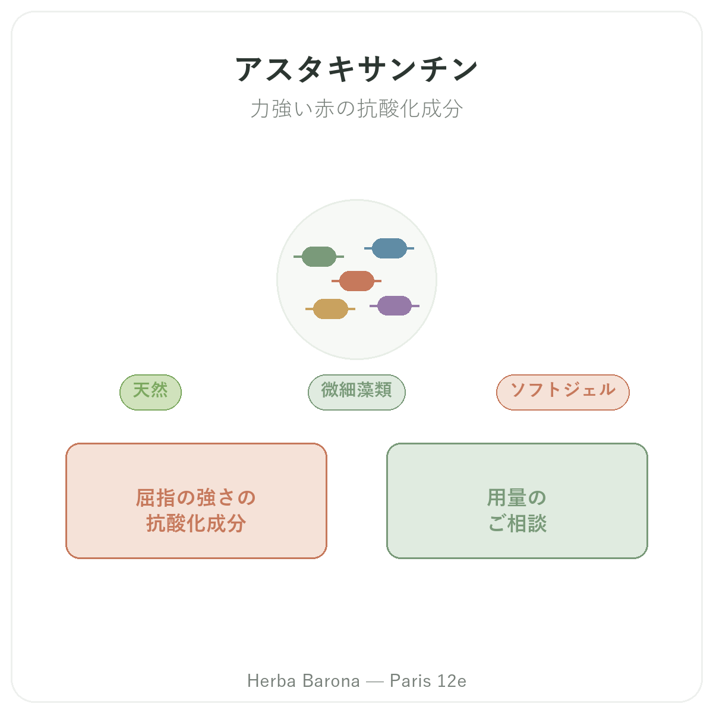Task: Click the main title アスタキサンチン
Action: coord(356,69)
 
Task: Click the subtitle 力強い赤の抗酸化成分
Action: coord(356,109)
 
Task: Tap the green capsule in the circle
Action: coord(318,257)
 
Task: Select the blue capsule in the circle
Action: coord(389,248)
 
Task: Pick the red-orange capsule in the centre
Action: coord(356,281)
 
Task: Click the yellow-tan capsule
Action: coord(330,309)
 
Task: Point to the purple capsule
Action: coord(395,306)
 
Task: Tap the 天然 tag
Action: coord(150,392)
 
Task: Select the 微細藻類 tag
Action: coord(356,392)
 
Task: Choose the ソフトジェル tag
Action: coord(563,392)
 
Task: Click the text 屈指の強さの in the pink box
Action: coord(195,498)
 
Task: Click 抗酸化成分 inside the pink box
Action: coord(195,523)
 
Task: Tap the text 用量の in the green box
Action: coord(516,498)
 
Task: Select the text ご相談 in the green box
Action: coord(517,523)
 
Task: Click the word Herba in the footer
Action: coord(272,681)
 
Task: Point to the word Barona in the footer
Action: coord(331,681)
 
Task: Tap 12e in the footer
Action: coord(452,681)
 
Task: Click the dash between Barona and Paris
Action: coord(374,682)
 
